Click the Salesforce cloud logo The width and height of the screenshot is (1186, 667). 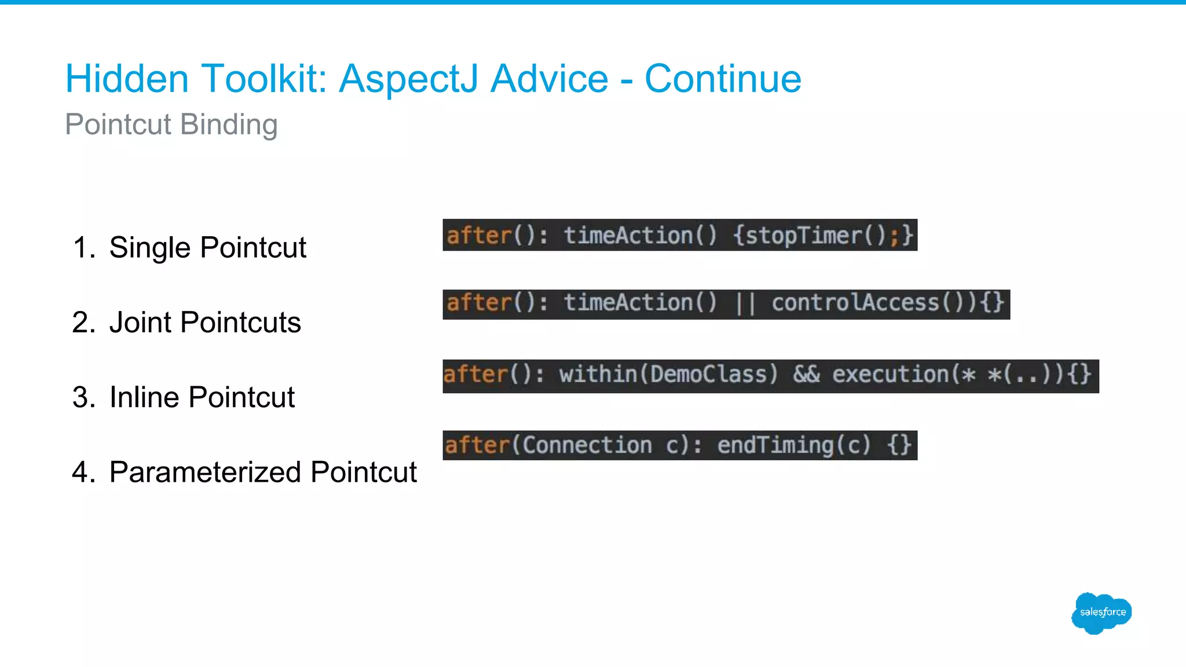[x=1101, y=613]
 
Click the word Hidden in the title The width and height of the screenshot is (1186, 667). [x=127, y=79]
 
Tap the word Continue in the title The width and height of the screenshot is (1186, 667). [x=723, y=79]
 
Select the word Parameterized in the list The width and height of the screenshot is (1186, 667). [x=206, y=472]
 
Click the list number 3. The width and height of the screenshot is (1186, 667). [x=83, y=397]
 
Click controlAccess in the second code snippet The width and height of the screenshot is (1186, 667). [x=855, y=303]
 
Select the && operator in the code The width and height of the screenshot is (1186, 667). [x=806, y=375]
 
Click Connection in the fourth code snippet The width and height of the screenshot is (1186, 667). [x=587, y=445]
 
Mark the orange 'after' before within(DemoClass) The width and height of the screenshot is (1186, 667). [x=475, y=375]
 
